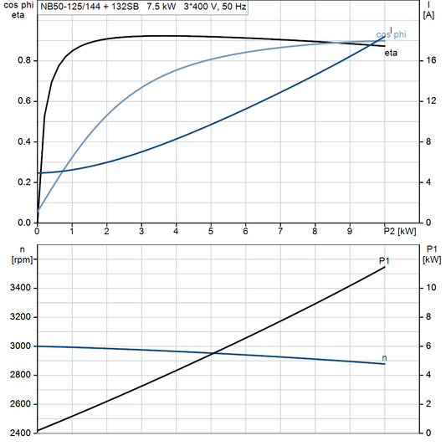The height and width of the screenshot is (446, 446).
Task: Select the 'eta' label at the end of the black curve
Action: pyautogui.click(x=391, y=53)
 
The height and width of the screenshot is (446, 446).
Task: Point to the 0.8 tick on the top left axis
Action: pyautogui.click(x=25, y=60)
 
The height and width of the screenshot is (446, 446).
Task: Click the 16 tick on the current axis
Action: pyautogui.click(x=428, y=60)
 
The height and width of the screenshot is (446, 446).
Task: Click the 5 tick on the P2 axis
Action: pyautogui.click(x=211, y=231)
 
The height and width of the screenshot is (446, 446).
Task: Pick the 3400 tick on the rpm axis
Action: pyautogui.click(x=20, y=288)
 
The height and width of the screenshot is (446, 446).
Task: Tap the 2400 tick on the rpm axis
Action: pyautogui.click(x=20, y=433)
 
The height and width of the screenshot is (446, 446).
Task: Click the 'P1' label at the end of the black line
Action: pyautogui.click(x=384, y=261)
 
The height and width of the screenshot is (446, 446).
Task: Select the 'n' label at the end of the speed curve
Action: pyautogui.click(x=384, y=358)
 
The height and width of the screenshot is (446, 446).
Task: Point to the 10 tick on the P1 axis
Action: pyautogui.click(x=430, y=288)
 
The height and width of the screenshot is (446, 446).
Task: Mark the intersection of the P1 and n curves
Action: pyautogui.click(x=214, y=352)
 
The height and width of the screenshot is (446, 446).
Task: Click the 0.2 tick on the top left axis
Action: pyautogui.click(x=25, y=182)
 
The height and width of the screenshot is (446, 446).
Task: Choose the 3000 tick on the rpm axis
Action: pyautogui.click(x=20, y=346)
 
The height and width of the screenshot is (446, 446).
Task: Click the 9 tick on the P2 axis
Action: pyautogui.click(x=350, y=231)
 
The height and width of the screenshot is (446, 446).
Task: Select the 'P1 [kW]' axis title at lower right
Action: pyautogui.click(x=432, y=254)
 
